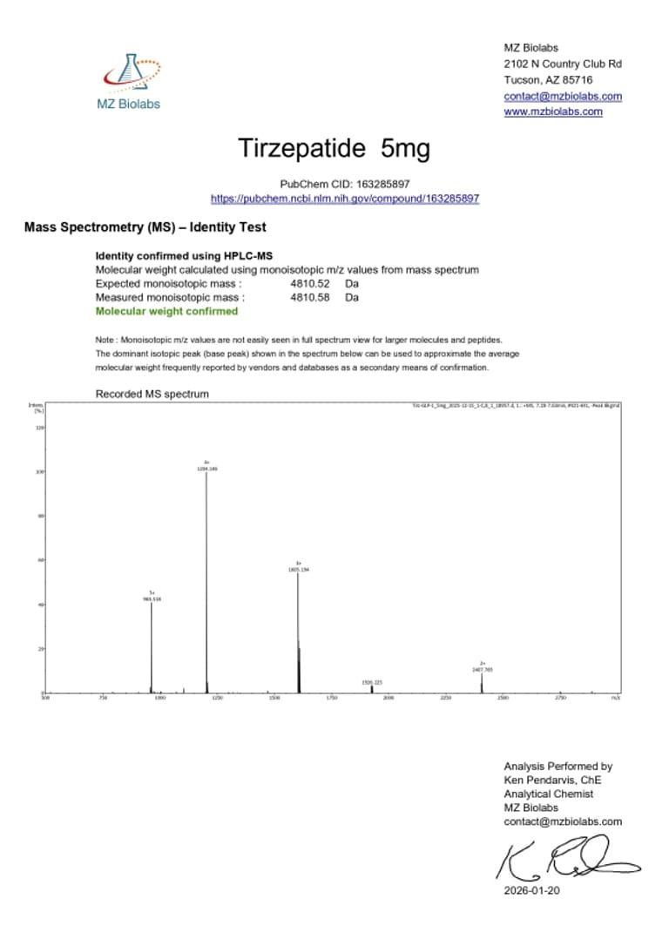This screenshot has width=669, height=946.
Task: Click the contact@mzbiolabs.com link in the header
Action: [x=563, y=96]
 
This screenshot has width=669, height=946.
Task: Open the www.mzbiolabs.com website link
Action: [x=553, y=111]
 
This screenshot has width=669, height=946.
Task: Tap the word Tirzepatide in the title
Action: [x=302, y=149]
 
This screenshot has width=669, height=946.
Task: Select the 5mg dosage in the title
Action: [x=405, y=149]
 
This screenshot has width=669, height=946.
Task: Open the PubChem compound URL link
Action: [x=345, y=199]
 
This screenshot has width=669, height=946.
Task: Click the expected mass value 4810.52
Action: [x=310, y=284]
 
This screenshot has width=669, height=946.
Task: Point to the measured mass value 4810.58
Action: [x=310, y=297]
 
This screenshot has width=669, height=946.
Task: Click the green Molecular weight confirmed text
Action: [x=166, y=311]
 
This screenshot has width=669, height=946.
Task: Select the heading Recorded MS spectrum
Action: [x=152, y=394]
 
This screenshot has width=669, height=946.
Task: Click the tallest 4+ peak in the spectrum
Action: [x=206, y=575]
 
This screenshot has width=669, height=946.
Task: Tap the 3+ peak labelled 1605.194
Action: [x=298, y=627]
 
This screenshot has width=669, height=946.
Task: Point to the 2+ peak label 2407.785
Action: [x=483, y=669]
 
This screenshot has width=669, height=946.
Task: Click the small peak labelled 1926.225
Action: [x=372, y=688]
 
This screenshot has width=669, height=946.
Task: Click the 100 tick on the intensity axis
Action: [x=39, y=472]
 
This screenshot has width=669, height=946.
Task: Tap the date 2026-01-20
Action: [x=531, y=891]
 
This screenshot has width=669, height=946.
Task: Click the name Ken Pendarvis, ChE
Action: [x=552, y=780]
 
